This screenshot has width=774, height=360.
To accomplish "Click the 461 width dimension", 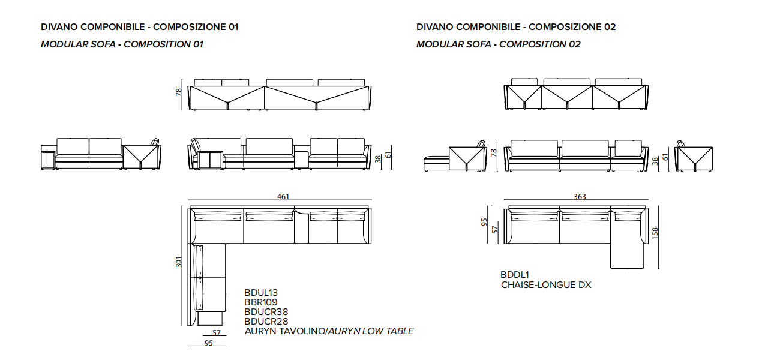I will (x=283, y=196).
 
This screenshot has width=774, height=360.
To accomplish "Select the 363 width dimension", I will (x=580, y=196).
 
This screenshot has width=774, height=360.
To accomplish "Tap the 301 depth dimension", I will (x=178, y=262).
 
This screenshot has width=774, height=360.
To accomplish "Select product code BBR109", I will (x=261, y=302).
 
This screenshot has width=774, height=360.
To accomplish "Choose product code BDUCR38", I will (x=266, y=312).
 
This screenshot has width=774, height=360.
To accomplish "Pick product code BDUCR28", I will (x=266, y=322).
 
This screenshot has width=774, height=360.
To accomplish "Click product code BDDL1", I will (x=515, y=275).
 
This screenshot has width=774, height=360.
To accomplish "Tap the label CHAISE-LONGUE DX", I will (x=546, y=285).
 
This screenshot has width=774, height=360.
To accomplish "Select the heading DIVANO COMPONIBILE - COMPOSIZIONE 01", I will (x=140, y=27).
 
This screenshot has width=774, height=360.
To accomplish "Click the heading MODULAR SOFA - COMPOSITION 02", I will (x=499, y=44).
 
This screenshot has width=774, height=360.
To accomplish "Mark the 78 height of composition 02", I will (x=493, y=152).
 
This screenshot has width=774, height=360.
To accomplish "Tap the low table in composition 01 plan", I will (x=301, y=226).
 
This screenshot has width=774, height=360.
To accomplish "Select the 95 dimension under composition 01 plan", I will (x=209, y=343).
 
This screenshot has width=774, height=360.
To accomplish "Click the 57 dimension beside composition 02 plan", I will (x=495, y=230).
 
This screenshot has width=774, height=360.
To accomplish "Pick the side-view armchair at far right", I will (x=694, y=157).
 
